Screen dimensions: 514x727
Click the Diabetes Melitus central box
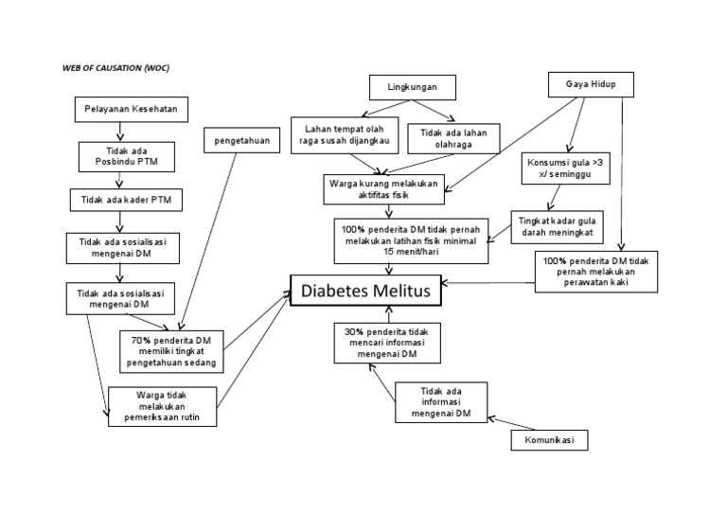[x=365, y=292]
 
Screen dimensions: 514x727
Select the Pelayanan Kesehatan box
[x=132, y=111]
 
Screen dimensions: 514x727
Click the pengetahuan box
[x=237, y=142]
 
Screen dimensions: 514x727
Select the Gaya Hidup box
[x=589, y=86]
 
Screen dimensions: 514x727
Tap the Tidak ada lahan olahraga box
[x=447, y=139]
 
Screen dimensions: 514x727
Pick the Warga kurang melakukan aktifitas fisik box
[x=381, y=188]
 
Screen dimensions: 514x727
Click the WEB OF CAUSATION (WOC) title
[x=116, y=68]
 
